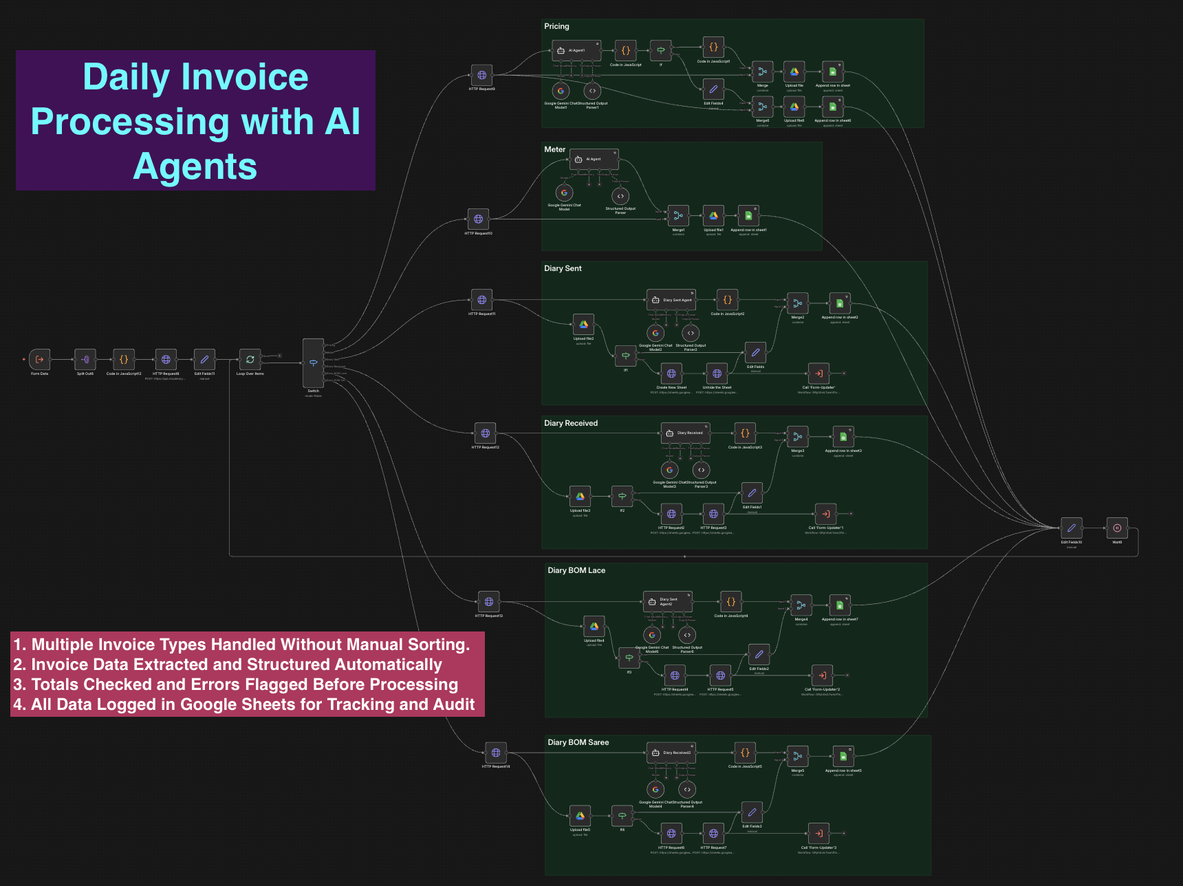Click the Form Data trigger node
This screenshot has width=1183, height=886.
(39, 359)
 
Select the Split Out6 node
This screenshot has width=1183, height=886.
(85, 359)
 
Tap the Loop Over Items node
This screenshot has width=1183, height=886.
(250, 359)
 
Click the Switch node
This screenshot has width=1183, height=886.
(313, 363)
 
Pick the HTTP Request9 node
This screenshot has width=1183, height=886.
(481, 75)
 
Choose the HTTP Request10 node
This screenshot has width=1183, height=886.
(478, 219)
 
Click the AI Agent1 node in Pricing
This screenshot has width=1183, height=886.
(576, 50)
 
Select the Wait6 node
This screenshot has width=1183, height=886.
(1117, 528)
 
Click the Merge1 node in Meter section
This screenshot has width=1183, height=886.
(678, 216)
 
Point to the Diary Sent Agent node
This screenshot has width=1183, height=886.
(671, 300)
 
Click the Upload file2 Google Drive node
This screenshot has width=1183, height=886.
(583, 325)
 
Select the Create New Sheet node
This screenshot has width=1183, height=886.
(671, 374)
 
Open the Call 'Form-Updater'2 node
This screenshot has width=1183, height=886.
(822, 676)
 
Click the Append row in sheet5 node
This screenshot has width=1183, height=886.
(843, 757)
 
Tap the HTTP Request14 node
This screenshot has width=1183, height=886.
(495, 753)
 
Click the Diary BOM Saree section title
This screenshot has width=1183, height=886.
(578, 742)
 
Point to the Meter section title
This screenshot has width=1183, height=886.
(554, 149)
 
